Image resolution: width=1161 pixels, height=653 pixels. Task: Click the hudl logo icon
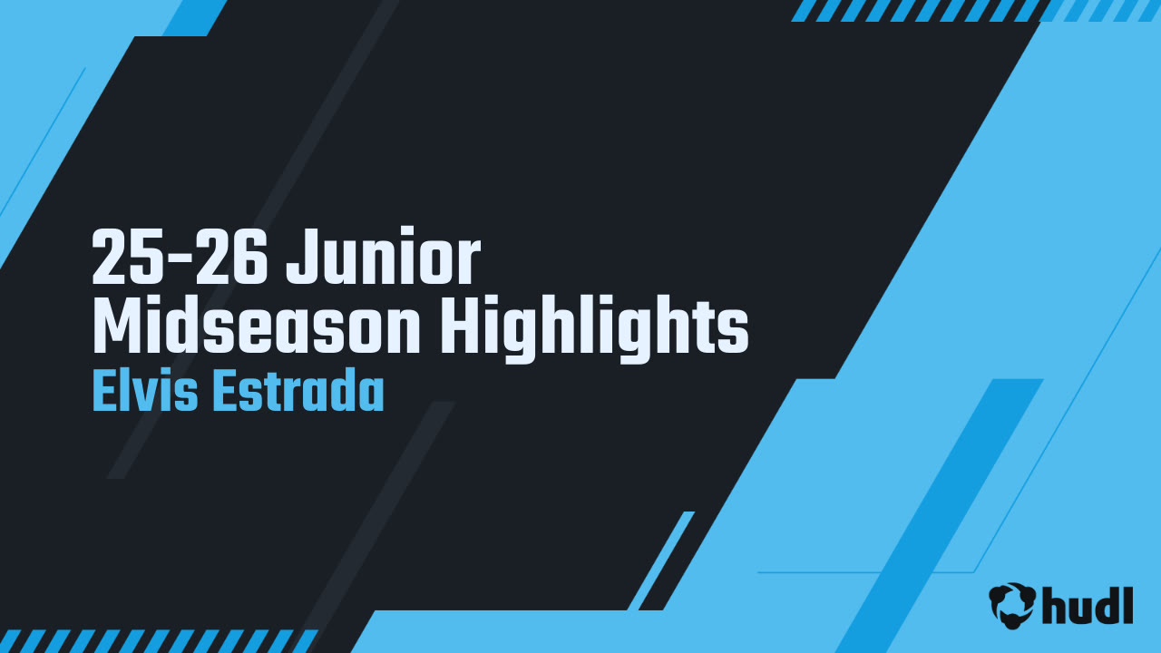click(x=1012, y=605)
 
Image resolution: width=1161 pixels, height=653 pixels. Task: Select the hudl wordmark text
click(x=1088, y=605)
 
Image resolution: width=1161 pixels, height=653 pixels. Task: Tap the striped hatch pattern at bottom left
click(x=154, y=640)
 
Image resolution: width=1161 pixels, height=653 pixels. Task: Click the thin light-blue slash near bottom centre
click(x=661, y=560)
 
